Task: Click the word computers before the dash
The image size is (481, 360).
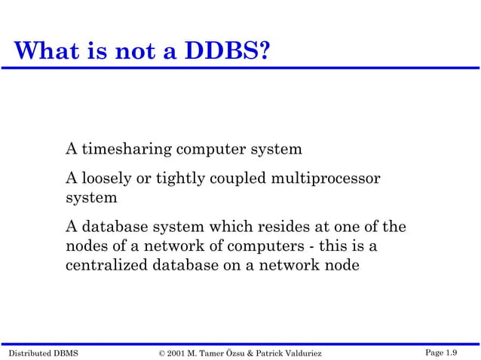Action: [268, 246]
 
